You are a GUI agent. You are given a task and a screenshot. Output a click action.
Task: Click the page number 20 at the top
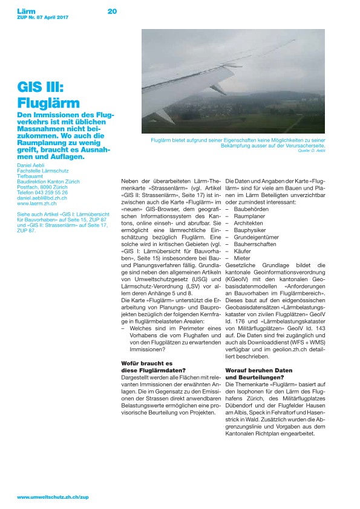[x=112, y=11]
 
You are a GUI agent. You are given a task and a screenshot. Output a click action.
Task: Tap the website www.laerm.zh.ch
[x=38, y=203]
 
